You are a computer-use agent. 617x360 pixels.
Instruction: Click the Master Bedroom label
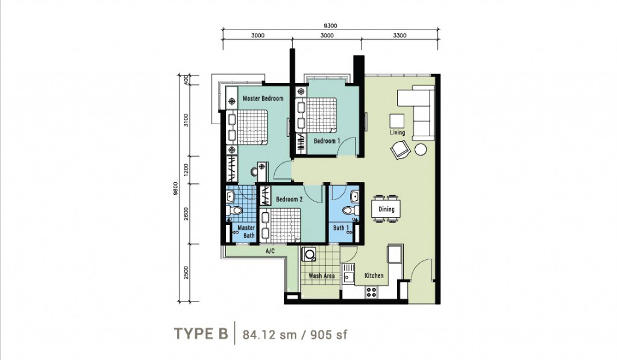pos(263,98)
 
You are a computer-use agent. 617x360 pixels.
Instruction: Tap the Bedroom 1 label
pos(327,141)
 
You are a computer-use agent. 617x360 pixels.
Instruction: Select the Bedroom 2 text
pos(289,200)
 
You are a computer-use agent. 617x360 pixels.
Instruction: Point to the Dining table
pos(386,209)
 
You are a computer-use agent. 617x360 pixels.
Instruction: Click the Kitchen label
pos(374,276)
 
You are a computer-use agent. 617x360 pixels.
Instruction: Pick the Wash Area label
pos(322,276)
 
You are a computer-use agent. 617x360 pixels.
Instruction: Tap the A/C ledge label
pos(270,251)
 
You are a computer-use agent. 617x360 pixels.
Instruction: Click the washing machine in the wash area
pos(308,254)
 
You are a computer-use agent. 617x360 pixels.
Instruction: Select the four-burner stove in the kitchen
pos(371,292)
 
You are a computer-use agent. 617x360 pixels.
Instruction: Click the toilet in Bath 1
pos(349,210)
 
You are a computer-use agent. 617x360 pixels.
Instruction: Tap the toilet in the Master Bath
pos(234,210)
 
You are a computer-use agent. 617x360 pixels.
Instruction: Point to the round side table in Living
pos(421,150)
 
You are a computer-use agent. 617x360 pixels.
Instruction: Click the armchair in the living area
pos(401,150)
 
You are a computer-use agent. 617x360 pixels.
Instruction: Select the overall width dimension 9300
pos(330,25)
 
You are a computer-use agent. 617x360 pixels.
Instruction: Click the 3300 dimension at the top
pos(399,36)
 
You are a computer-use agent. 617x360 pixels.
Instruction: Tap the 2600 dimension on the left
pos(186,214)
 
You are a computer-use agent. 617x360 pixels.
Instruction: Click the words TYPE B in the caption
pos(201,333)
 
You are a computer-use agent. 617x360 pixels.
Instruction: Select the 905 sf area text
pos(329,335)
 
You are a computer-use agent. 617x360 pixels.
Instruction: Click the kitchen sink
pos(348,274)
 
